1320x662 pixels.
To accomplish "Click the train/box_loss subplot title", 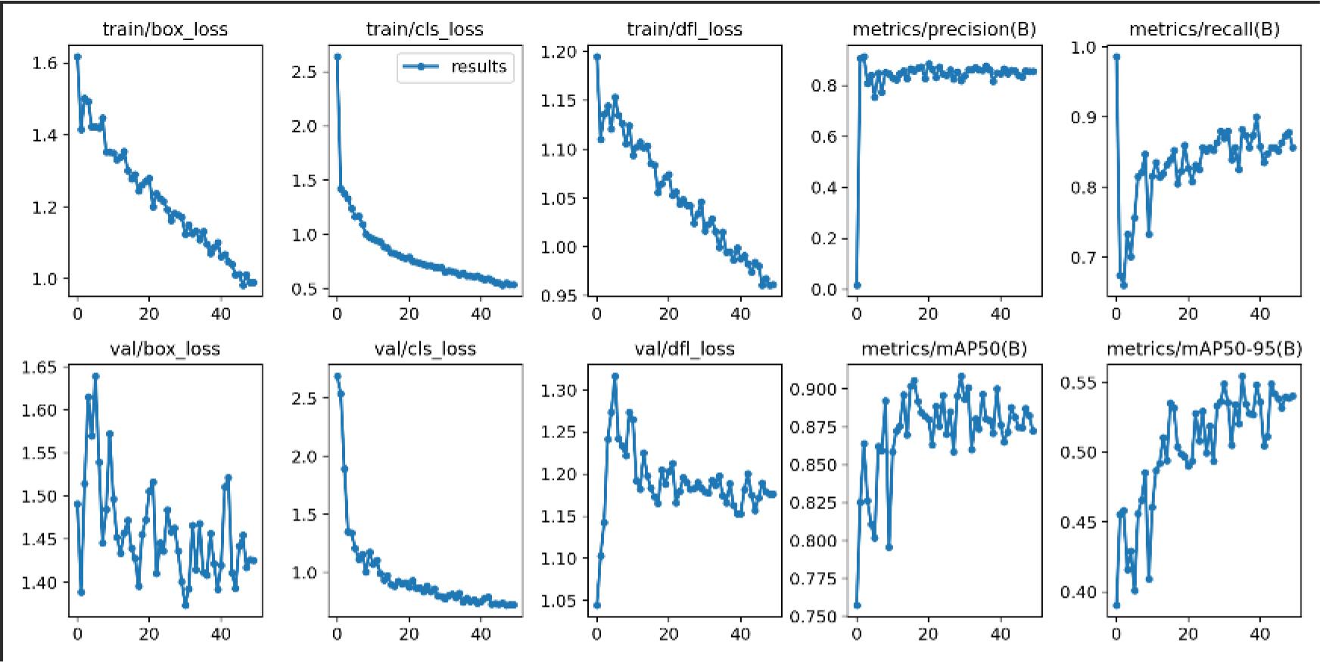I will pyautogui.click(x=165, y=30).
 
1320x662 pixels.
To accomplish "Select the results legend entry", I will pyautogui.click(x=455, y=67).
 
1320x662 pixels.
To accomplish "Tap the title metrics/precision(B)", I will pyautogui.click(x=944, y=30).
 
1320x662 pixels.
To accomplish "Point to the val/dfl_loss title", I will pyautogui.click(x=684, y=349).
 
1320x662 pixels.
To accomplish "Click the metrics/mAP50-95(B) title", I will pyautogui.click(x=1203, y=349).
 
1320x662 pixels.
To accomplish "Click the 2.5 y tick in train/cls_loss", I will pyautogui.click(x=305, y=72).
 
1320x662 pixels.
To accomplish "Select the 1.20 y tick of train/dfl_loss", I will pyautogui.click(x=559, y=52).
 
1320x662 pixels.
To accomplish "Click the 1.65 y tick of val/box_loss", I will pyautogui.click(x=39, y=368).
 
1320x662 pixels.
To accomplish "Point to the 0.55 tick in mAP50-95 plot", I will pyautogui.click(x=1077, y=382).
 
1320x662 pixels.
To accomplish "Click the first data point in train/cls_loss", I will pyautogui.click(x=338, y=57).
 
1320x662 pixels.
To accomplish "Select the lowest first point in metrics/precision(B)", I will pyautogui.click(x=857, y=285).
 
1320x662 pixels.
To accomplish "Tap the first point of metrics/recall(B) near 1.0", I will pyautogui.click(x=1116, y=57).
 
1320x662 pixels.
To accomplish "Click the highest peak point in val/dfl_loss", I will pyautogui.click(x=615, y=376).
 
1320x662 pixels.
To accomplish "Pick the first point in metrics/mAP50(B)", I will pyautogui.click(x=857, y=605).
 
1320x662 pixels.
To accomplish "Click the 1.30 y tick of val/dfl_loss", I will pyautogui.click(x=559, y=390).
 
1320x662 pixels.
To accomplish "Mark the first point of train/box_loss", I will pyautogui.click(x=77, y=57).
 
